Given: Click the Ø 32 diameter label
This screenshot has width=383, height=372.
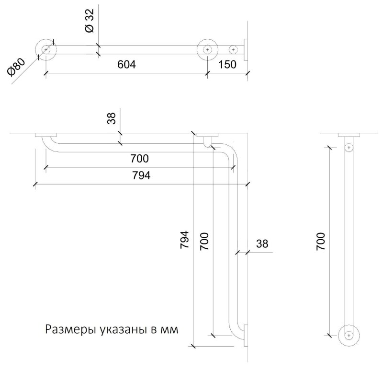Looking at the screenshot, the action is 90,21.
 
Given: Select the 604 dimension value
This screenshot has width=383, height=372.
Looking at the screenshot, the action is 126,65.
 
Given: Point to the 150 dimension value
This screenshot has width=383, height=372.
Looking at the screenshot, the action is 227,65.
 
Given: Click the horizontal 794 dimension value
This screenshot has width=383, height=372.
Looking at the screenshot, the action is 141,175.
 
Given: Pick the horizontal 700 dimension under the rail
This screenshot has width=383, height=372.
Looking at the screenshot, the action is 139,159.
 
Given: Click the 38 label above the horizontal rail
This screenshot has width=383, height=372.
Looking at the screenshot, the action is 112,118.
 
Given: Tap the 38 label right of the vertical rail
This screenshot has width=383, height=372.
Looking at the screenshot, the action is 262,244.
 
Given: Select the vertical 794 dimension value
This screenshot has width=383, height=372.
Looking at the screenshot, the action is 184,240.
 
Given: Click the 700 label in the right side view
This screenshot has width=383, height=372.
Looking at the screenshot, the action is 320,242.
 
